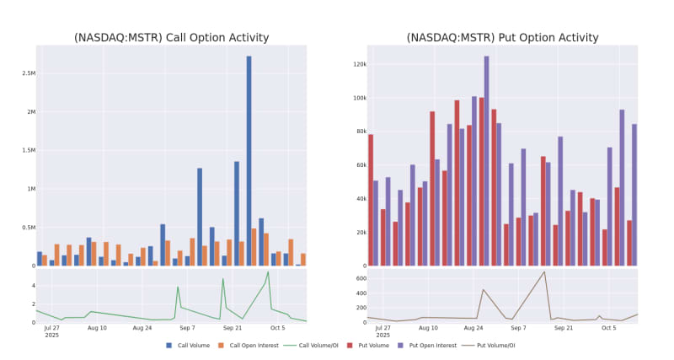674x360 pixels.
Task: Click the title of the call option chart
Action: tap(171, 37)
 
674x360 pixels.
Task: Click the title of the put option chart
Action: tap(502, 37)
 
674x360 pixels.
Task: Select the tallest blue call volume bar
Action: tap(249, 160)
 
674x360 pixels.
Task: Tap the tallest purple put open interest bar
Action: tap(486, 160)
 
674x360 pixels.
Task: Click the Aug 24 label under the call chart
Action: tap(142, 327)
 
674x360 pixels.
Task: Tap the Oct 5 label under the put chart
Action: tap(608, 327)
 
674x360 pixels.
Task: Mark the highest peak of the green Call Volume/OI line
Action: tap(268, 271)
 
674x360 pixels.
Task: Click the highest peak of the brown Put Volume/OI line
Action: tap(544, 271)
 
